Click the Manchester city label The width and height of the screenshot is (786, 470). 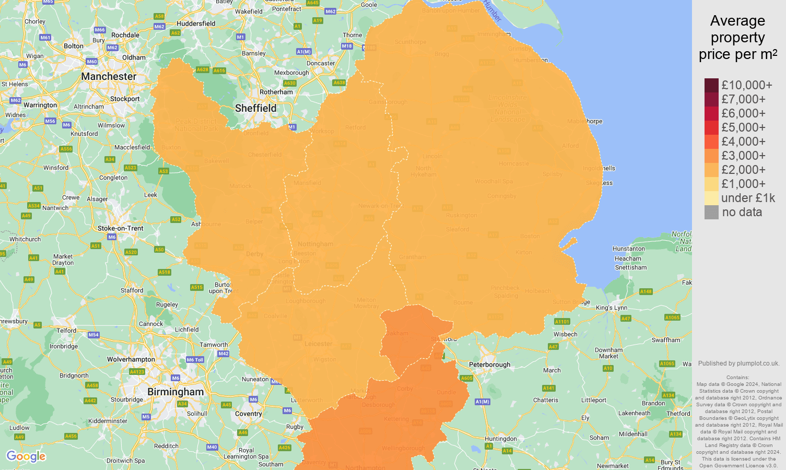tap(109, 77)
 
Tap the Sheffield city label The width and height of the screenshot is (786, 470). tap(255, 108)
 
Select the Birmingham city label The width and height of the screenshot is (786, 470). tap(175, 392)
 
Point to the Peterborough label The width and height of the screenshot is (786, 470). tap(489, 365)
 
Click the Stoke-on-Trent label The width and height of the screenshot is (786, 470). tap(120, 228)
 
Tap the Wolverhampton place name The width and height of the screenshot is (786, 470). tap(131, 359)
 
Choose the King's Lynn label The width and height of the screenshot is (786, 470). tap(612, 308)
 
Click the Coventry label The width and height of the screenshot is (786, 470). tap(248, 414)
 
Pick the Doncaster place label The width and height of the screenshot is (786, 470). tap(321, 63)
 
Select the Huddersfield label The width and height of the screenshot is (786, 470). tap(196, 23)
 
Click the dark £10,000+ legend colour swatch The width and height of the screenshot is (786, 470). tap(711, 85)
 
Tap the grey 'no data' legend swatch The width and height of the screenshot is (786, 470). tap(711, 212)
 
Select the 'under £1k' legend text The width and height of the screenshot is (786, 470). tap(748, 198)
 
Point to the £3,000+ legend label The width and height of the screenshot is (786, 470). tap(743, 156)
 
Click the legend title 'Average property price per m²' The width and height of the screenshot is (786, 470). tap(737, 38)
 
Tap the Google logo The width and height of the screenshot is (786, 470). tap(26, 456)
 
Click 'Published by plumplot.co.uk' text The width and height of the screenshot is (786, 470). tap(738, 363)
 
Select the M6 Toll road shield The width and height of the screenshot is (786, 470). tap(195, 360)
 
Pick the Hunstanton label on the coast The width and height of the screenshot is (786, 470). tap(629, 249)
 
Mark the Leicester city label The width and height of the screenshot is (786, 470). tap(318, 344)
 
